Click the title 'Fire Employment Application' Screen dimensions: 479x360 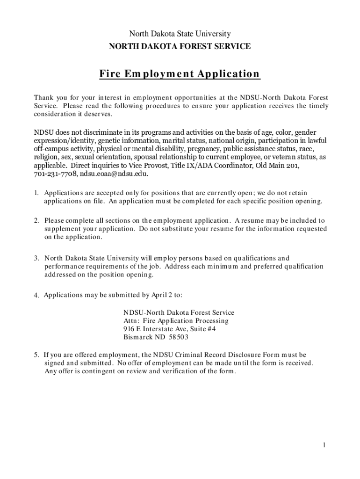coord(180,74)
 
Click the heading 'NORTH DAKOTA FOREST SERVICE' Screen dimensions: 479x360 coord(180,46)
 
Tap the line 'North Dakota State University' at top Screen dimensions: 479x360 coord(180,34)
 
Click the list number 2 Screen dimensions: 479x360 coord(36,220)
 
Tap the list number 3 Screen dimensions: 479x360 coord(36,258)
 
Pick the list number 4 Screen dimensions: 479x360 coord(36,296)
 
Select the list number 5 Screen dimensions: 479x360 coord(36,355)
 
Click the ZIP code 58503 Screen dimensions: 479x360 coord(179,337)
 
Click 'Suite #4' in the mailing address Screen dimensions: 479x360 coord(202,329)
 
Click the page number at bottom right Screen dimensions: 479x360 coord(323,445)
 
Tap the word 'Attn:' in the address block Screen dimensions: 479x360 coord(132,321)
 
